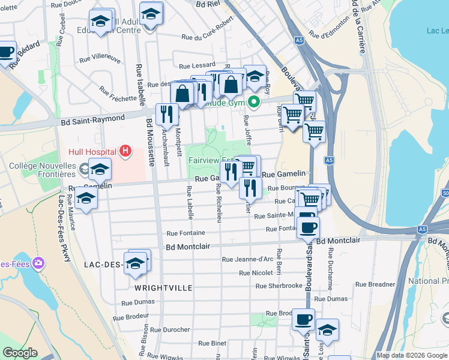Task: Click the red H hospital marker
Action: coord(125,150)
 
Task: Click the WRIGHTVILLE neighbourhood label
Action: coord(160,288)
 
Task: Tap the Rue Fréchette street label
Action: coord(118,94)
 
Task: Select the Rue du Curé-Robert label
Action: coord(207,31)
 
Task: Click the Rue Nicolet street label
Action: coord(256,272)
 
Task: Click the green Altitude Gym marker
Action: coord(253,103)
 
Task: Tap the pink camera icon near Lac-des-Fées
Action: coord(39,263)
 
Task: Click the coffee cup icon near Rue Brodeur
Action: coord(303,319)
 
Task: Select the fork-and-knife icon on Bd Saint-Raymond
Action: coord(167,113)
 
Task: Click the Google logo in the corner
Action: coord(20,353)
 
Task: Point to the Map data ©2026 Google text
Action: coord(412,355)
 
